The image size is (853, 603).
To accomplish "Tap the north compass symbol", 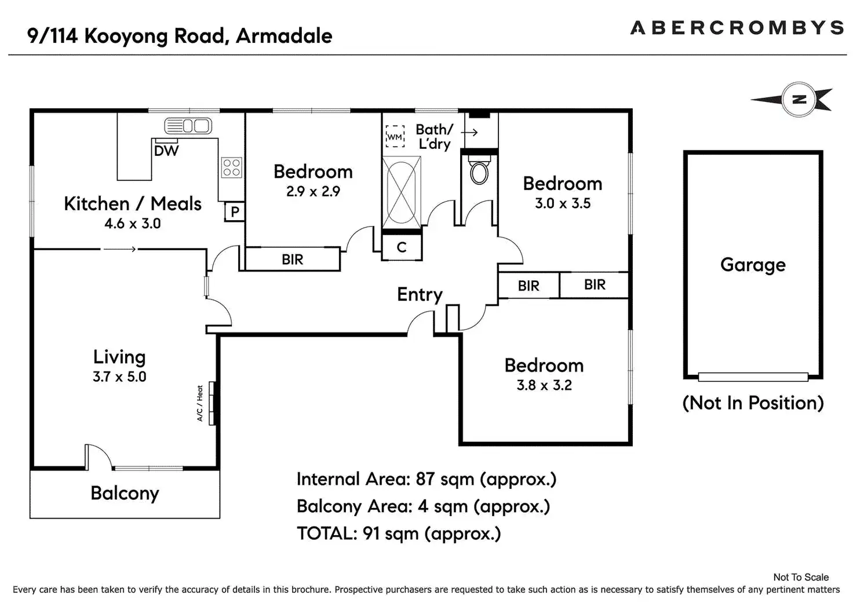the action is click(799, 100).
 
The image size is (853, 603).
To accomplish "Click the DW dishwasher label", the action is click(166, 151).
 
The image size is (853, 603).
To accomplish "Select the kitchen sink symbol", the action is click(188, 125).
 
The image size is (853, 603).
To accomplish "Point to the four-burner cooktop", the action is click(231, 167).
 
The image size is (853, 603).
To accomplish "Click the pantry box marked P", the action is click(235, 212).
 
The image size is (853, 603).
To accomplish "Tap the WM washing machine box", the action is click(395, 137).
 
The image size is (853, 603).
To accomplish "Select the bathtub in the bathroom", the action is click(401, 193).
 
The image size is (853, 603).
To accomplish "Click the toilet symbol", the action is click(479, 172).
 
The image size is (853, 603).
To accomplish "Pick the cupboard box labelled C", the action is click(402, 247).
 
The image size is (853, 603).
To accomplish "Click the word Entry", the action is click(420, 295).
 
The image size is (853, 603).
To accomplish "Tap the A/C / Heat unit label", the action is click(201, 403).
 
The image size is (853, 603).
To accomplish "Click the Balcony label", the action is click(125, 493).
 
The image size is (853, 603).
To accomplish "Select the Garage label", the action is click(753, 265).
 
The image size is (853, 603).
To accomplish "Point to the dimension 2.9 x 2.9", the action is click(313, 191).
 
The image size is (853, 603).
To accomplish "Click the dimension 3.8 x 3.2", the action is click(544, 385).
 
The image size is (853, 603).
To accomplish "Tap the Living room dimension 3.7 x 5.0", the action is click(119, 377).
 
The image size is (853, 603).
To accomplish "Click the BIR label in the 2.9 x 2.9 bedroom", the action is click(292, 260).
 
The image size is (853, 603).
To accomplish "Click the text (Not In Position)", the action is click(753, 403).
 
